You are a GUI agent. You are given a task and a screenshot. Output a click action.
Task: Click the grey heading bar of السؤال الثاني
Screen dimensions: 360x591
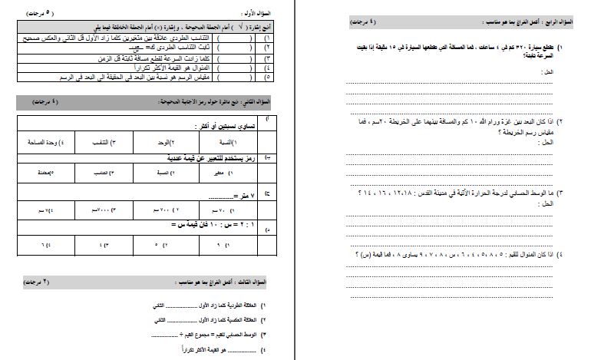tap(146, 101)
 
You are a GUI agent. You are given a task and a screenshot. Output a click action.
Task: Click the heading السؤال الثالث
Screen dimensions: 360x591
tap(255, 282)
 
